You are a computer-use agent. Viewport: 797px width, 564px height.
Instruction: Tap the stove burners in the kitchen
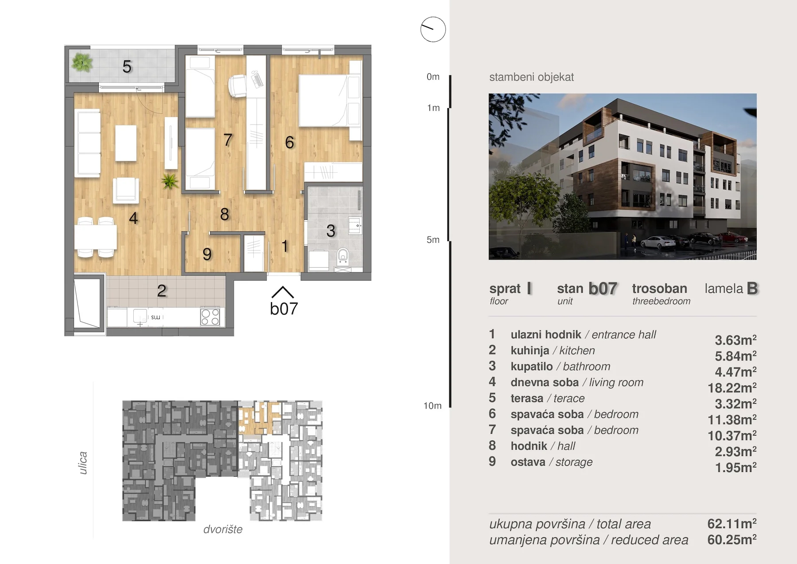pyautogui.click(x=210, y=317)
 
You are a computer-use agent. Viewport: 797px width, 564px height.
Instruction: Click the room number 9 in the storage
pyautogui.click(x=207, y=254)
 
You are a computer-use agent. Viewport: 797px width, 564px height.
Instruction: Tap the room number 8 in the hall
pyautogui.click(x=224, y=214)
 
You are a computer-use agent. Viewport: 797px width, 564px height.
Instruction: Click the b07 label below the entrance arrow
pyautogui.click(x=284, y=309)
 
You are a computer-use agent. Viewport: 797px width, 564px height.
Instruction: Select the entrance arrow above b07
pyautogui.click(x=282, y=292)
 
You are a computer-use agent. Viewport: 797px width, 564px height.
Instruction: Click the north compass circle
pyautogui.click(x=433, y=29)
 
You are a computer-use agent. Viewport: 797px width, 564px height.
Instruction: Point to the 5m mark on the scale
pyautogui.click(x=433, y=240)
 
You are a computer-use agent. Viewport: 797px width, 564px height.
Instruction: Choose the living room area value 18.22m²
pyautogui.click(x=732, y=388)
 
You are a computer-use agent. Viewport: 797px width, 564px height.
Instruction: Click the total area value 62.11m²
pyautogui.click(x=732, y=524)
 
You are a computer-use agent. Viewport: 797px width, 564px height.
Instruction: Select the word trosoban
pyautogui.click(x=659, y=288)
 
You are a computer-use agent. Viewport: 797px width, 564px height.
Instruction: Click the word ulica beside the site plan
pyautogui.click(x=83, y=463)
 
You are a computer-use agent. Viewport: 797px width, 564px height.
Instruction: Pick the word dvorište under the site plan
pyautogui.click(x=223, y=529)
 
